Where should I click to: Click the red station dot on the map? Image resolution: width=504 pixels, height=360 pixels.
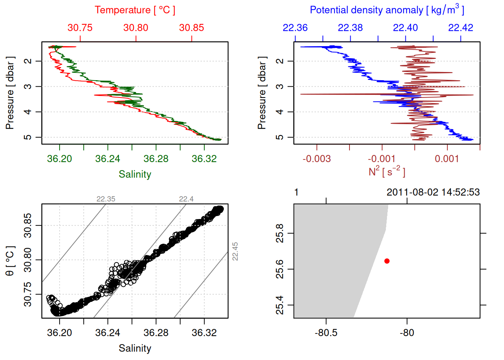pos(387,261)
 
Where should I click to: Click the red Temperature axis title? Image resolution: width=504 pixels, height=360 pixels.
pos(135,10)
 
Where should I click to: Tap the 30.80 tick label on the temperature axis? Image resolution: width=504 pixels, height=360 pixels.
pos(136,28)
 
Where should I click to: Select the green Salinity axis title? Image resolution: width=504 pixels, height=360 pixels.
pos(135,174)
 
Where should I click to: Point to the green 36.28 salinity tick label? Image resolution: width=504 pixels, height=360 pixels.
pos(156,159)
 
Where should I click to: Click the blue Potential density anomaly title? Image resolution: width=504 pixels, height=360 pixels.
pos(387,10)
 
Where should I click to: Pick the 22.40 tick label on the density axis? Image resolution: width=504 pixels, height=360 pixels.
pos(405,28)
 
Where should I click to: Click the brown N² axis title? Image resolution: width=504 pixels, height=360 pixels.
pos(387,172)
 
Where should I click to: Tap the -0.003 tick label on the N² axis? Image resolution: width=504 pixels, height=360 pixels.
pos(317,159)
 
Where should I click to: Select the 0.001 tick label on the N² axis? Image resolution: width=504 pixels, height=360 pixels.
pos(447,159)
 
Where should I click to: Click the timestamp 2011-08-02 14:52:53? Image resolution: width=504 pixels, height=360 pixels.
pos(433,192)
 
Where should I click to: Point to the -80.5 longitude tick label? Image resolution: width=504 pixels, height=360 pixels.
pos(326,333)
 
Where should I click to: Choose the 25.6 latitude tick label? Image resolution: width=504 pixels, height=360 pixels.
pos(280,269)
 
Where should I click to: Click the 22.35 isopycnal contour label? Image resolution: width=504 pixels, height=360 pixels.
pos(106,199)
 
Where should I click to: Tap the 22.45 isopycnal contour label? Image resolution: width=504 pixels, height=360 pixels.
pos(235,251)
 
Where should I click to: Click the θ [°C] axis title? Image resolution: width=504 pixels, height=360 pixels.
pos(10,261)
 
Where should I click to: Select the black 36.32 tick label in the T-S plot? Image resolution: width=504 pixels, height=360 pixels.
pos(204,333)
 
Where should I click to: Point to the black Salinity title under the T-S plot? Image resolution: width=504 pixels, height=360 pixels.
pos(135,348)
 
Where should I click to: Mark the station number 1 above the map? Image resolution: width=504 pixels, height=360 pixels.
pos(296,192)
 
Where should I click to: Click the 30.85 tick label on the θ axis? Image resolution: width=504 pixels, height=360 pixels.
pos(28,225)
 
